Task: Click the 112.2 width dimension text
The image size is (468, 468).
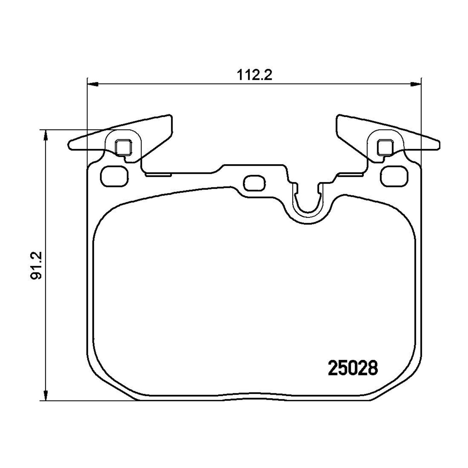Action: (254, 75)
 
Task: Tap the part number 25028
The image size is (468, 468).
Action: (353, 368)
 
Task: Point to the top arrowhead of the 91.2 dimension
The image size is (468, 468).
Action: (46, 136)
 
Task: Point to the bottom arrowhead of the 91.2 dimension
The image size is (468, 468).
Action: (46, 394)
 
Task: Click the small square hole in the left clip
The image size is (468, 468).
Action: (123, 147)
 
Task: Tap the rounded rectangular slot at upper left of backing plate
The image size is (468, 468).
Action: (115, 176)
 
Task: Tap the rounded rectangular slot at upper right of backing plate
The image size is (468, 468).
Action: (394, 176)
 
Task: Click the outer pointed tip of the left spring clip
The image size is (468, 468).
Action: (70, 145)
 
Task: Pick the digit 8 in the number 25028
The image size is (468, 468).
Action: (373, 368)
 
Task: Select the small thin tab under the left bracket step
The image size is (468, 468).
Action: (158, 175)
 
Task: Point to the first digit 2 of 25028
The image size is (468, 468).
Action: (333, 368)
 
